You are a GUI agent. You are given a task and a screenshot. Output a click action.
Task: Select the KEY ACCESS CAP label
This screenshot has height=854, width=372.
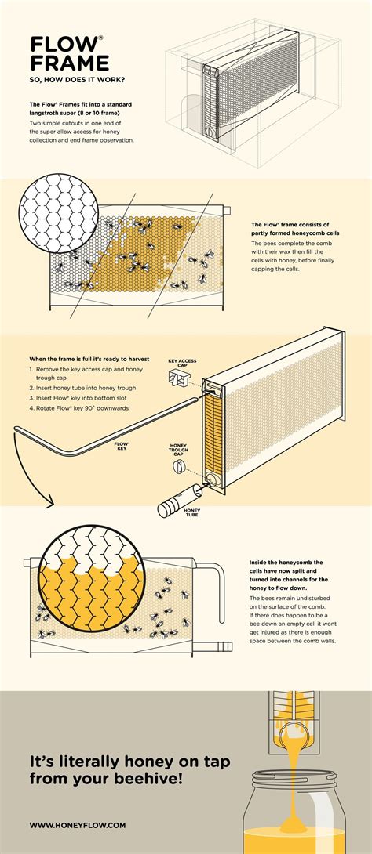point(181,364)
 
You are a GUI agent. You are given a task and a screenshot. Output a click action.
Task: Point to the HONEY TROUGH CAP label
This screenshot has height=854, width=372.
point(180,451)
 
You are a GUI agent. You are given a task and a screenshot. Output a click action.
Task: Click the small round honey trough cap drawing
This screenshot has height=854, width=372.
point(178,468)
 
